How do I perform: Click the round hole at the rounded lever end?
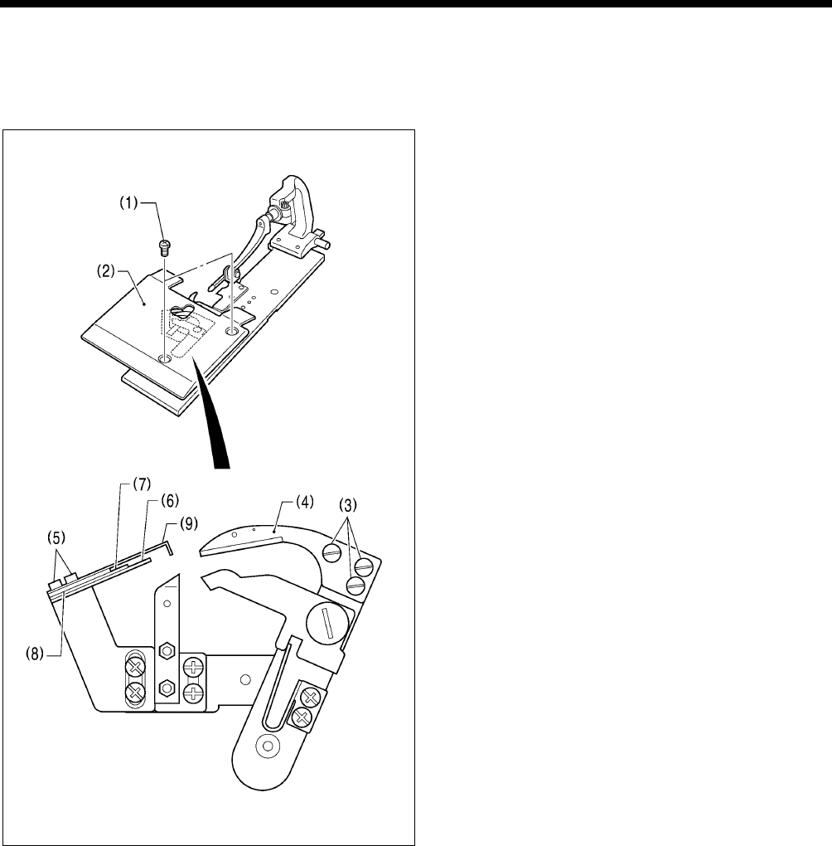click(x=268, y=746)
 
